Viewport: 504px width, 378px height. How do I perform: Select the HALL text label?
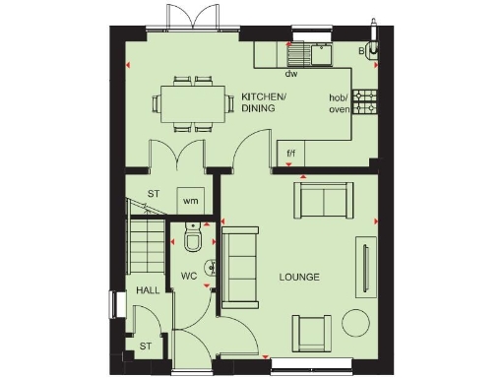tap(148, 290)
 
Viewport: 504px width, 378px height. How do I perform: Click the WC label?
tap(189, 276)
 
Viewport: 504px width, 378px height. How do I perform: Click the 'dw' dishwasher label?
tap(290, 74)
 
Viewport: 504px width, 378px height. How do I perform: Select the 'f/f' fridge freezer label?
tap(291, 155)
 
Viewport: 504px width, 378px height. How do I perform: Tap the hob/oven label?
tap(340, 103)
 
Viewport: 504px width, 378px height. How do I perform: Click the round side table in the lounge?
tap(355, 322)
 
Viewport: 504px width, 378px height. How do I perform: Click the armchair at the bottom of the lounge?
tap(311, 333)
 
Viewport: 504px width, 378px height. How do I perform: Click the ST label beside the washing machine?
tap(154, 194)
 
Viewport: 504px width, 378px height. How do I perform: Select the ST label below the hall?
tap(145, 346)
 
